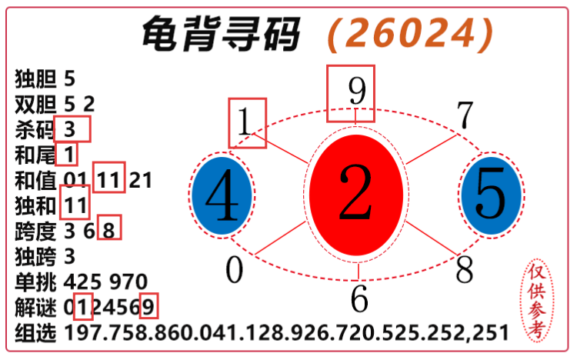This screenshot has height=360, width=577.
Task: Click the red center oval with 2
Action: click(x=356, y=195)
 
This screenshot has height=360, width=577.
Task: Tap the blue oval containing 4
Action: click(x=222, y=195)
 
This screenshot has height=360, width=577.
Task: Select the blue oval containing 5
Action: click(x=492, y=195)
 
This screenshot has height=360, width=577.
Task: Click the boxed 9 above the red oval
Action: click(x=351, y=94)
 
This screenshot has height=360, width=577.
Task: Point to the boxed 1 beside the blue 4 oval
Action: click(x=247, y=123)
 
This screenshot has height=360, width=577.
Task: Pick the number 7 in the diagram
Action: click(x=465, y=115)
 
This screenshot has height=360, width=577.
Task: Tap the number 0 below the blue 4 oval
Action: click(x=235, y=270)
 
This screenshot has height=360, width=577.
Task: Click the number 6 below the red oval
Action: click(x=359, y=298)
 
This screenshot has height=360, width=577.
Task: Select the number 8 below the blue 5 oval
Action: click(x=465, y=269)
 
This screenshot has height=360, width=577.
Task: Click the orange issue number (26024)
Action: click(x=410, y=34)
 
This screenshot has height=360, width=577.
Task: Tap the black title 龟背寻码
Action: click(x=221, y=33)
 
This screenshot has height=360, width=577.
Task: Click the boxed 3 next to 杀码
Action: click(x=72, y=128)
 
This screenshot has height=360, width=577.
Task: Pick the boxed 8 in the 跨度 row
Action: click(x=109, y=227)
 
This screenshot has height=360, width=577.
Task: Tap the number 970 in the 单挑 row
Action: click(x=128, y=282)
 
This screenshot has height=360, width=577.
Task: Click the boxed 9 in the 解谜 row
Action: click(x=149, y=306)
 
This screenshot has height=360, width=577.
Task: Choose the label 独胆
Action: click(x=35, y=78)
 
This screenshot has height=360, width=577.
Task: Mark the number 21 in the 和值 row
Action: click(x=141, y=180)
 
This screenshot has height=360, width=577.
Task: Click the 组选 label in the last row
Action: click(x=35, y=332)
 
